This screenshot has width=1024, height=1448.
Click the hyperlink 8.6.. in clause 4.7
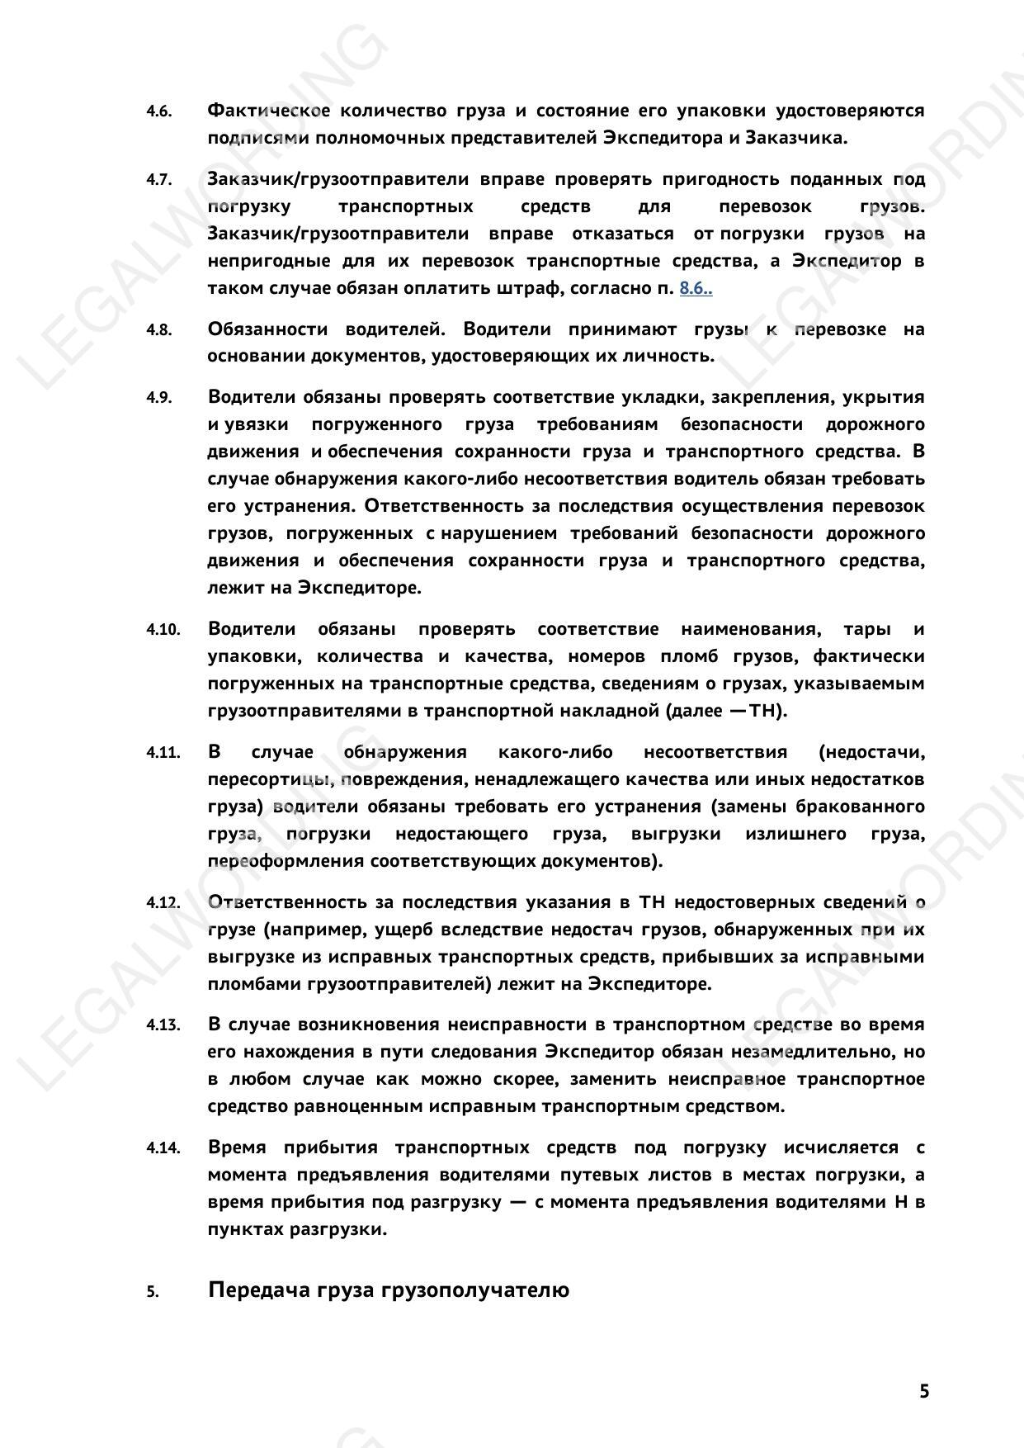[696, 288]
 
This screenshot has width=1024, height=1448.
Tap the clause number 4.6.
[159, 111]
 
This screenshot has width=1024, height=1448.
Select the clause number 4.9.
[159, 398]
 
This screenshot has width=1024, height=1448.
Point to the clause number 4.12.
[163, 902]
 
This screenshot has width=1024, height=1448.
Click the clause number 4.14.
[163, 1148]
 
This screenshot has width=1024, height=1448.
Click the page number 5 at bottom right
[924, 1391]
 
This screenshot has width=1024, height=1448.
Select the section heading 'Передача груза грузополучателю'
[388, 1289]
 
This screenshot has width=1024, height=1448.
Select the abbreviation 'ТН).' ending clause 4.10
[767, 711]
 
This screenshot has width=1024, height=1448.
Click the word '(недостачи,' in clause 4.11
[871, 752]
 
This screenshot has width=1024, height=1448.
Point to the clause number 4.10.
[163, 630]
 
